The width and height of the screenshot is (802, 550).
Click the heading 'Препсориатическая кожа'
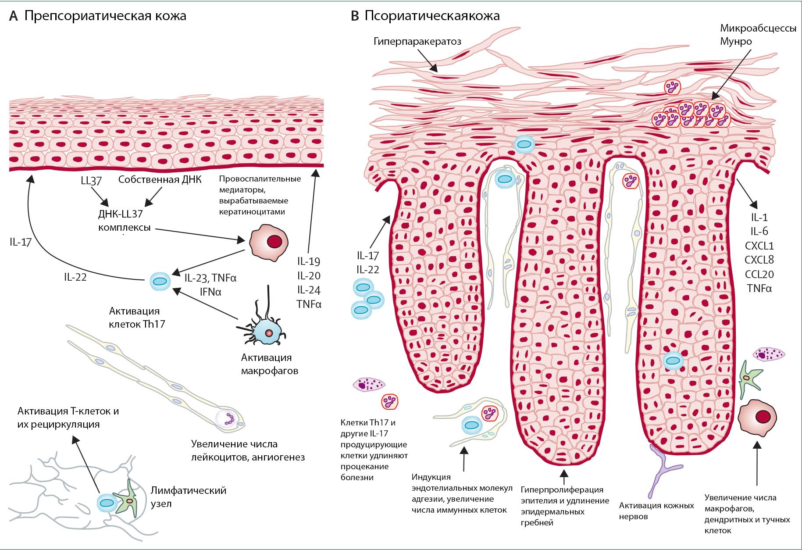(x=105, y=16)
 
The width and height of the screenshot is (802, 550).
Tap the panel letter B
(x=355, y=16)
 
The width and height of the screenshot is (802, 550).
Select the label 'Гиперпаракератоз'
(x=417, y=41)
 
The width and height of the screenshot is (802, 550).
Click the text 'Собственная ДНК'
(x=160, y=180)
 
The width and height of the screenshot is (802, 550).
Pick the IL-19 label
(x=309, y=261)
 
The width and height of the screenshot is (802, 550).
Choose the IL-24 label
(x=309, y=290)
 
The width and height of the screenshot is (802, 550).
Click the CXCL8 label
(x=759, y=260)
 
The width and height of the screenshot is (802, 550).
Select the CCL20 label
(x=759, y=274)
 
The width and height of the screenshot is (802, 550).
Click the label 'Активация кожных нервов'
(x=656, y=511)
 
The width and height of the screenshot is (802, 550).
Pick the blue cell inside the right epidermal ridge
(x=673, y=361)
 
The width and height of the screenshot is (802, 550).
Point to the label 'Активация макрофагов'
(x=270, y=364)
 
